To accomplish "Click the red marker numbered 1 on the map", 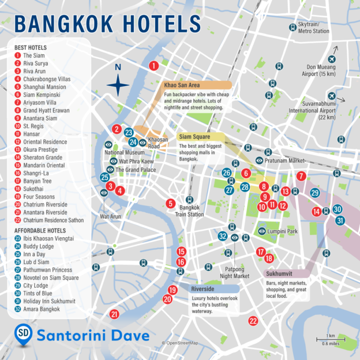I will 153,66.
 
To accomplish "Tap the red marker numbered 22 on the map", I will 253,321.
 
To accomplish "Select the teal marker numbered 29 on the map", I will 315,193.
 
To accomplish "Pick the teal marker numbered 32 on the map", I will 223,236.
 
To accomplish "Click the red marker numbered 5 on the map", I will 170,203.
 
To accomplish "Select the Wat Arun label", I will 110,217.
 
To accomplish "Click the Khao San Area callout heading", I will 182,85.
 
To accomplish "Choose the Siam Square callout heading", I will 194,137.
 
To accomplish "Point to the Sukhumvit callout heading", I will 280,274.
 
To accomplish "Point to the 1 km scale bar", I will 331,340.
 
